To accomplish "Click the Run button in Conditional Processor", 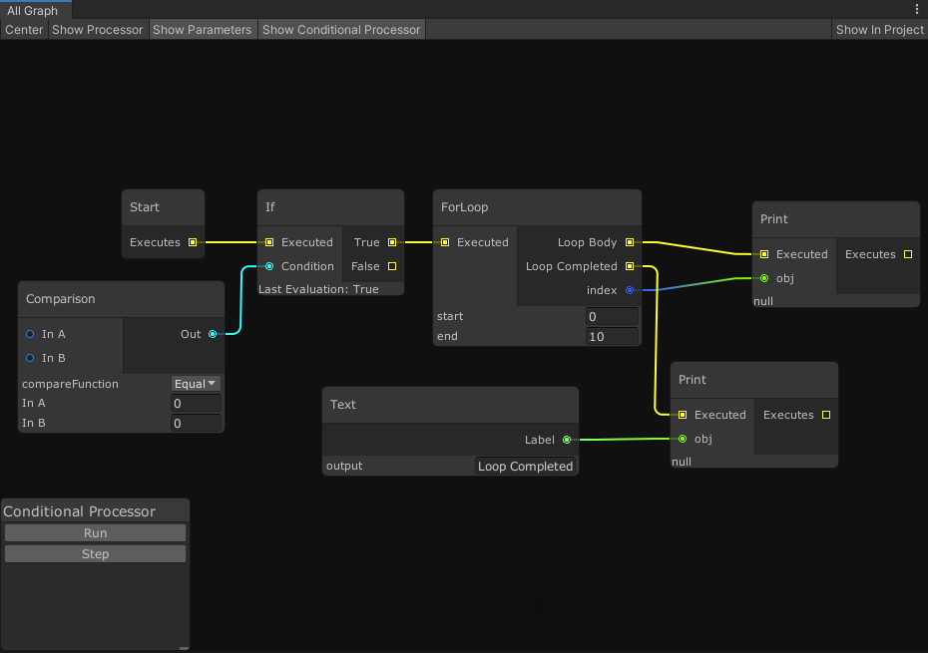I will tap(95, 533).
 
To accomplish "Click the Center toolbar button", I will tap(24, 30).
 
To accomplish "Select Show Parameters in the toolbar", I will tap(202, 30).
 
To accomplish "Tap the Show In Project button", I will tap(879, 30).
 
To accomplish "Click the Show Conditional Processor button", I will tap(341, 30).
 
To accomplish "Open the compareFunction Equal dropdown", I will tap(196, 384).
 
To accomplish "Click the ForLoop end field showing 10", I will tap(612, 336).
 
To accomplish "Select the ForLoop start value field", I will tap(612, 316).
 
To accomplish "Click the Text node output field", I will tap(525, 466).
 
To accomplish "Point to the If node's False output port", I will tap(392, 266).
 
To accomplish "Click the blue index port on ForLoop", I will tap(629, 290).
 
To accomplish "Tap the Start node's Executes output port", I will tap(193, 242).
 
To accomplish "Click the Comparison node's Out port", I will tap(213, 334).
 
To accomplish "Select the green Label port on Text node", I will tap(567, 440).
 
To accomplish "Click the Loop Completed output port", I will tap(629, 266).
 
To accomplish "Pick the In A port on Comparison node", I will tap(30, 334).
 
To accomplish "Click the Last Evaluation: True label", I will tap(318, 289).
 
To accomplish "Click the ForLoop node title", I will tap(465, 207).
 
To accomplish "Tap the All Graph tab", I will tap(33, 10).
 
